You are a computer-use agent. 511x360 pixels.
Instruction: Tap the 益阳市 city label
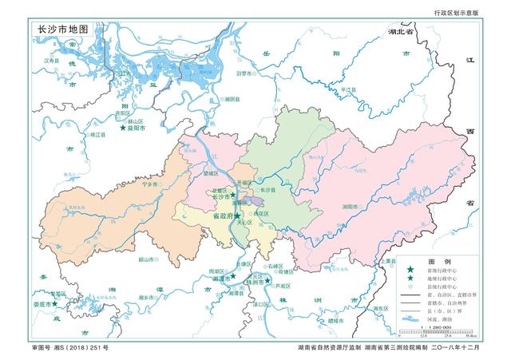[x=135, y=129]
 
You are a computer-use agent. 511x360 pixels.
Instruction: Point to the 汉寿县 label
[x=51, y=60]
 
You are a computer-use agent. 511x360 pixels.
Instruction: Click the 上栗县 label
[x=389, y=261]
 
